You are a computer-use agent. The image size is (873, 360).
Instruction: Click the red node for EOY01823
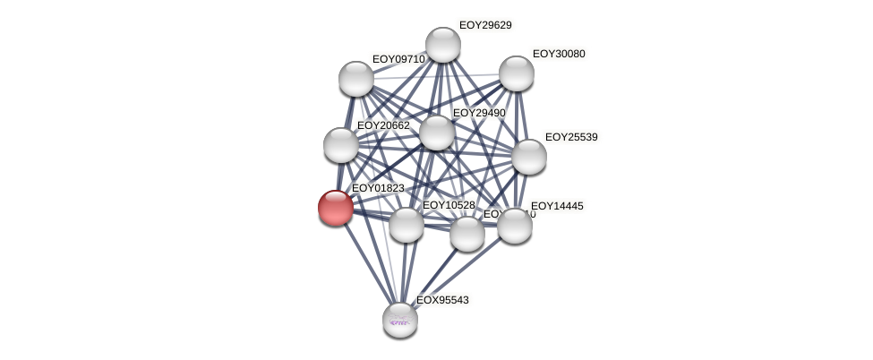click(x=336, y=207)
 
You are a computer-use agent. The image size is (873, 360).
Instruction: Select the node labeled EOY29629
click(x=442, y=45)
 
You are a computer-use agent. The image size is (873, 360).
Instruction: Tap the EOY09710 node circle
click(x=356, y=79)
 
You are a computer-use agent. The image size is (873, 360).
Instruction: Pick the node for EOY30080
click(x=517, y=73)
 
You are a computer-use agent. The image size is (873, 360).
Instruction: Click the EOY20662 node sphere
click(x=341, y=145)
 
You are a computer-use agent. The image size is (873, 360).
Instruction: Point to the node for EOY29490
click(x=437, y=133)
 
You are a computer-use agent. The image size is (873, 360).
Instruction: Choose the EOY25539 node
click(x=529, y=157)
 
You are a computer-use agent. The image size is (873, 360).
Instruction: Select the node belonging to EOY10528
click(x=407, y=225)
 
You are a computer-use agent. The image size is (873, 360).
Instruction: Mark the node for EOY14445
click(x=515, y=226)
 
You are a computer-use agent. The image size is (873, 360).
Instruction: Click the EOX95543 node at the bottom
click(x=400, y=320)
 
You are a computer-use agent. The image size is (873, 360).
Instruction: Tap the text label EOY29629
click(x=485, y=25)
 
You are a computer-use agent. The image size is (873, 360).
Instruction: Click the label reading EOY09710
click(x=398, y=59)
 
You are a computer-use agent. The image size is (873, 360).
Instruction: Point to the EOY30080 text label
click(x=559, y=54)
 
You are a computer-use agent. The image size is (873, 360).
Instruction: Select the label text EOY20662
click(x=383, y=125)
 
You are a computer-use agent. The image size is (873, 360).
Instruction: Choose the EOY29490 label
click(x=479, y=113)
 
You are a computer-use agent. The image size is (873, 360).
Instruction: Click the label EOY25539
click(x=571, y=137)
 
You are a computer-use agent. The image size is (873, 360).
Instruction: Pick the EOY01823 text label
click(x=378, y=188)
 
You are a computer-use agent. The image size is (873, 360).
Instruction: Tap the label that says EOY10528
click(x=449, y=205)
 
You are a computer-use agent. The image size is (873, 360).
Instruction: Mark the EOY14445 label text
click(x=557, y=206)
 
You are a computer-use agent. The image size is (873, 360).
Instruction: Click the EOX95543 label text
click(x=442, y=300)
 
